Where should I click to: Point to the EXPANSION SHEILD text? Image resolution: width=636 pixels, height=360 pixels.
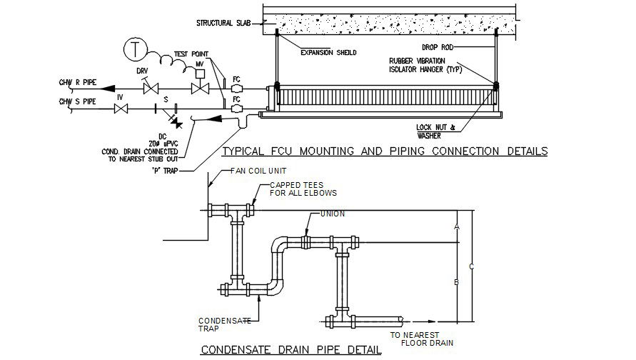328,52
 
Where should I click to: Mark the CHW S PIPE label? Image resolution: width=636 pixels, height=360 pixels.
77,102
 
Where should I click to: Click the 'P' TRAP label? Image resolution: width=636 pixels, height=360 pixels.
165,171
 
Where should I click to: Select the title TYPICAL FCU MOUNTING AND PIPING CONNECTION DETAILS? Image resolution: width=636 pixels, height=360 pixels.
385,151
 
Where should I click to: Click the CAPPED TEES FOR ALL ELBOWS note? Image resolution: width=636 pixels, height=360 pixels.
303,189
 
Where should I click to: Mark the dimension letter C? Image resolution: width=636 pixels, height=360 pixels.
471,267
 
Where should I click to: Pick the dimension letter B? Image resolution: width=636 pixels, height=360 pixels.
456,283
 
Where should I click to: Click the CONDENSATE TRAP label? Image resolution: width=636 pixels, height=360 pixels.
224,324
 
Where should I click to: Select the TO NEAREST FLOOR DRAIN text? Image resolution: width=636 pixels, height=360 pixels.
418,338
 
